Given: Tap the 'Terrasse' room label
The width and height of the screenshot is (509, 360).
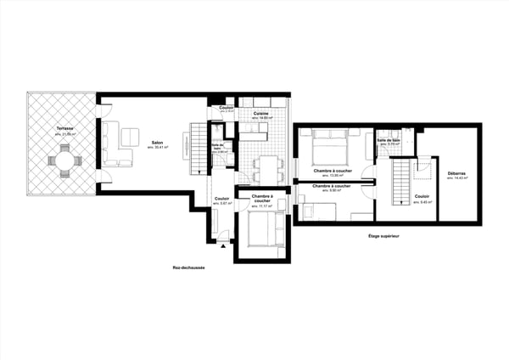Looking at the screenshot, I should [64, 129].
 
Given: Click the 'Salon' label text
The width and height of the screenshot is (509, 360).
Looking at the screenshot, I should [158, 143].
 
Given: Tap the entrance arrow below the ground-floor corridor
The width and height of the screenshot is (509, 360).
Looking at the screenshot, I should [223, 244].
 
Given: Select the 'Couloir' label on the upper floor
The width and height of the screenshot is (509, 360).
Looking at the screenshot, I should [422, 196].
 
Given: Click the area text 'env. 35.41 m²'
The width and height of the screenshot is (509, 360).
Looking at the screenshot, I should [158, 148].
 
